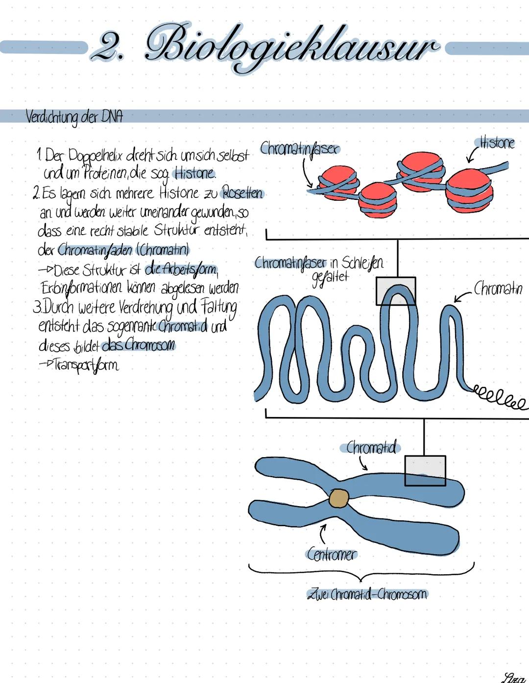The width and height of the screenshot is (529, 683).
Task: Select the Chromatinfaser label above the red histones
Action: coord(299,148)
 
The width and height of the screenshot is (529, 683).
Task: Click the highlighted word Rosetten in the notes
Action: coord(242,193)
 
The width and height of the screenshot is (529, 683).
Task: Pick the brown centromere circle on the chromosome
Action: coord(338,498)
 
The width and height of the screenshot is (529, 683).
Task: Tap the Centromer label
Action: coord(332,555)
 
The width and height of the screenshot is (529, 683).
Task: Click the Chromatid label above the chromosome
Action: coord(371,447)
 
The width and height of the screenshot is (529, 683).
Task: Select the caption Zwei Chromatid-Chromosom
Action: coord(367,594)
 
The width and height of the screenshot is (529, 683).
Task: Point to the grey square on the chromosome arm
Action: coord(425,470)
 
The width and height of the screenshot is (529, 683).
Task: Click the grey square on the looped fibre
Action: coord(396,291)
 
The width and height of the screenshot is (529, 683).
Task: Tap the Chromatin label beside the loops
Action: coord(498,288)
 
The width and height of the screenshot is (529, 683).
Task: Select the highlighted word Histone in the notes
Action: coord(194,173)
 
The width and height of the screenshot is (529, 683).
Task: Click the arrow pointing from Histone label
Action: coord(472,155)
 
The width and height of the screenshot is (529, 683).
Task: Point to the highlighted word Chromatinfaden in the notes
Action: coord(95,250)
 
